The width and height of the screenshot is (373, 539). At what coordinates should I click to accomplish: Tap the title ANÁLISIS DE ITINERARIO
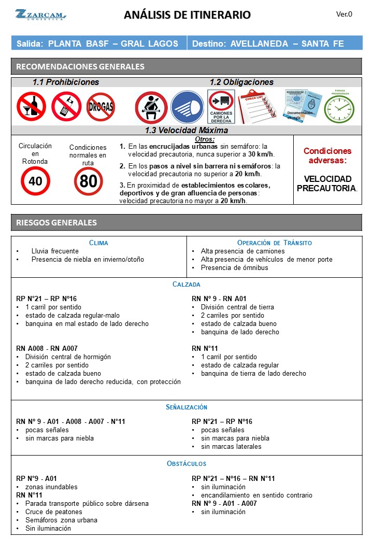pyautogui.click(x=187, y=15)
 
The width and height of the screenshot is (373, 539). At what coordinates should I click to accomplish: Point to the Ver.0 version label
pyautogui.click(x=344, y=14)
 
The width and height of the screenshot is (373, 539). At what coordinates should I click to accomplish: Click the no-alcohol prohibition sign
pyautogui.click(x=31, y=106)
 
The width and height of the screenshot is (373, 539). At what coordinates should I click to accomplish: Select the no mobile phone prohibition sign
pyautogui.click(x=66, y=106)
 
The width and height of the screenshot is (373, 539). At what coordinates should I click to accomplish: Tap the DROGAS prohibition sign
pyautogui.click(x=101, y=107)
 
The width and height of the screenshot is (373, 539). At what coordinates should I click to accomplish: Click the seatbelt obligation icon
pyautogui.click(x=151, y=107)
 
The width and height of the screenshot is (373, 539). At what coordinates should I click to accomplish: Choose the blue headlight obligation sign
pyautogui.click(x=187, y=107)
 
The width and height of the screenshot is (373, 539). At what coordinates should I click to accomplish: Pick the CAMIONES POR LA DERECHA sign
pyautogui.click(x=221, y=107)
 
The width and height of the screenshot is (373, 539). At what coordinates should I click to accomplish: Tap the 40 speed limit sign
pyautogui.click(x=35, y=181)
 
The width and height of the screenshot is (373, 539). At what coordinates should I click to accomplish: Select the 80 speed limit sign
pyautogui.click(x=88, y=181)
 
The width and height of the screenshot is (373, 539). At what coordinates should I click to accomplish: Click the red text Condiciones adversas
pyautogui.click(x=327, y=155)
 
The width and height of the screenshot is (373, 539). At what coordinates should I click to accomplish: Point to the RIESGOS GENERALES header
pyautogui.click(x=56, y=222)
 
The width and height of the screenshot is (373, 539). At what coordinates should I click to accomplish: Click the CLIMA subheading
pyautogui.click(x=98, y=243)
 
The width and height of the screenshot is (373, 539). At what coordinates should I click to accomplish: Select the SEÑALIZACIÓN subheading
pyautogui.click(x=187, y=407)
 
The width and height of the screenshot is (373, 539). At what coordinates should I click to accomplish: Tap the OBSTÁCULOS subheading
pyautogui.click(x=187, y=463)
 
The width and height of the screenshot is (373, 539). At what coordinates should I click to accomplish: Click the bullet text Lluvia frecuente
pyautogui.click(x=55, y=251)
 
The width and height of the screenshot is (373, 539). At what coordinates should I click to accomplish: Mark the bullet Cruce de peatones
pyautogui.click(x=53, y=512)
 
